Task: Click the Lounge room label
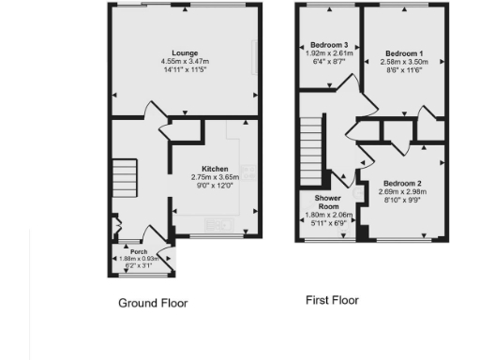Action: [183, 52]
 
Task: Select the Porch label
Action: [140, 251]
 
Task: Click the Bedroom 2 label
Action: [401, 184]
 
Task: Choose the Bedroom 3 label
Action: [329, 45]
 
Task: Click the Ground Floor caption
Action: [153, 303]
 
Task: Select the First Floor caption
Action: [332, 300]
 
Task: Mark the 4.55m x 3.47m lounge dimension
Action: [183, 62]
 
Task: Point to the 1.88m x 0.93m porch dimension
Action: [140, 259]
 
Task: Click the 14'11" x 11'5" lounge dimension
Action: [183, 70]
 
